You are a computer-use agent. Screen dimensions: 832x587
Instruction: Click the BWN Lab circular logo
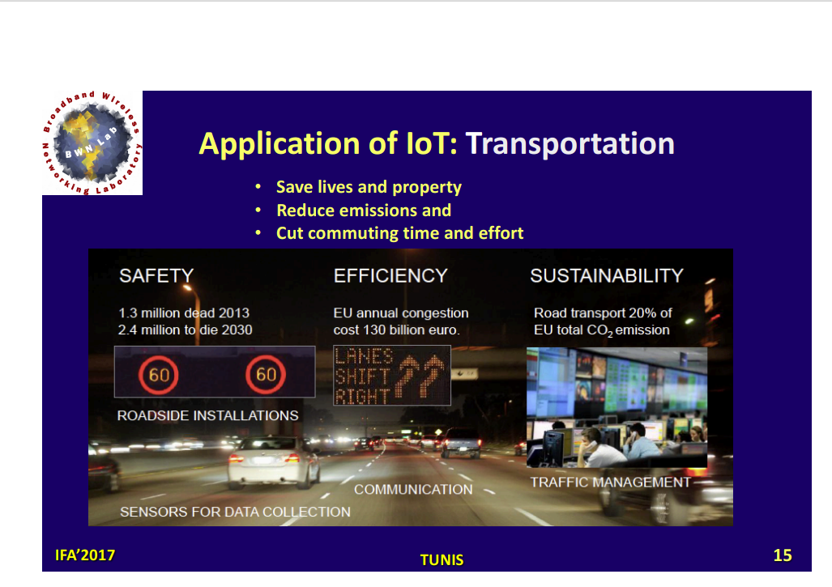click(92, 143)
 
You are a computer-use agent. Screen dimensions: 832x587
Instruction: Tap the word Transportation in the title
click(570, 143)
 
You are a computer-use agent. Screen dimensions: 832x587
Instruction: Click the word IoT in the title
click(431, 143)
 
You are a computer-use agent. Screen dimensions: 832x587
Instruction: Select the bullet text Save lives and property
click(369, 187)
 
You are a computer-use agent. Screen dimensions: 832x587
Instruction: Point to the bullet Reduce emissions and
click(364, 211)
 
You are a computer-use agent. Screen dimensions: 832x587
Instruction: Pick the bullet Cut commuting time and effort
click(400, 233)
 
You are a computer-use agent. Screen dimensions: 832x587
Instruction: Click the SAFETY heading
click(156, 276)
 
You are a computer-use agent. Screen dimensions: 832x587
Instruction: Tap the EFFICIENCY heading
click(390, 276)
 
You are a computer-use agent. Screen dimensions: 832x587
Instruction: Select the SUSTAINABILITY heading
click(607, 276)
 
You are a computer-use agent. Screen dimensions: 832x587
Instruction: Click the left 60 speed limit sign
click(158, 375)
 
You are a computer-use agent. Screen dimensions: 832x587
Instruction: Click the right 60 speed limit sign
click(266, 374)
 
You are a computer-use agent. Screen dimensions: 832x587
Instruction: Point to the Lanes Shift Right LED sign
click(392, 376)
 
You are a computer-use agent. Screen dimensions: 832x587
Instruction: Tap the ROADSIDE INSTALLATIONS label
click(207, 415)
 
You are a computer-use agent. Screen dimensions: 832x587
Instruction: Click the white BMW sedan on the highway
click(273, 462)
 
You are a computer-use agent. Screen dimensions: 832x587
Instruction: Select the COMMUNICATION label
click(413, 489)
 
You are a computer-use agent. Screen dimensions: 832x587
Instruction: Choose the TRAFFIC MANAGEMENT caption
click(611, 482)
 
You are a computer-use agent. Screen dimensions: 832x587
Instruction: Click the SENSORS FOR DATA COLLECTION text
click(235, 512)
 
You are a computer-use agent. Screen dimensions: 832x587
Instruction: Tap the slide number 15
click(783, 555)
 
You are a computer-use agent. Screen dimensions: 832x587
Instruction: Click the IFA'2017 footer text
click(85, 555)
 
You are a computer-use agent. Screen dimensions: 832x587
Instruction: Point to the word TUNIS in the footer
click(442, 560)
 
